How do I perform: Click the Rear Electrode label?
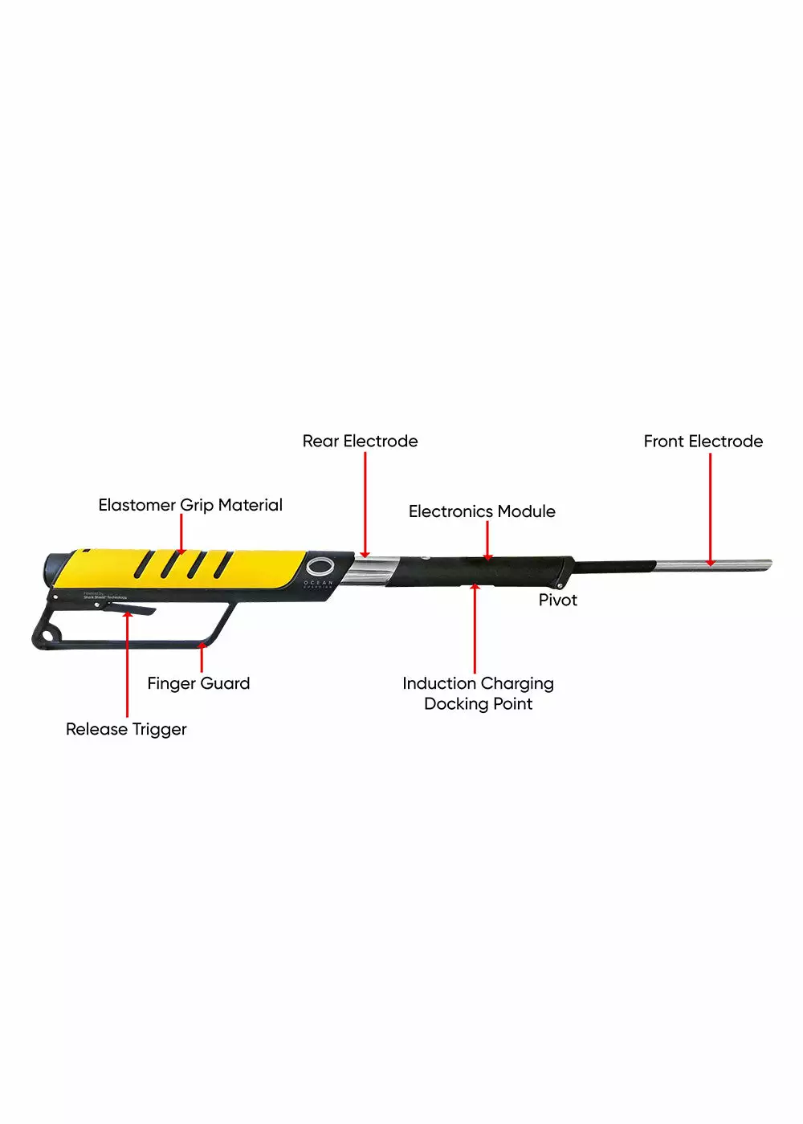(x=360, y=441)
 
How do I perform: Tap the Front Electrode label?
(x=703, y=441)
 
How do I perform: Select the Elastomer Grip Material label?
(x=190, y=505)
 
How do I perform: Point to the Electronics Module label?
(x=482, y=511)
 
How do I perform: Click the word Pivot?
(x=557, y=600)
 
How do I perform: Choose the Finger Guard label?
(x=198, y=683)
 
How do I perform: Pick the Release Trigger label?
(x=126, y=729)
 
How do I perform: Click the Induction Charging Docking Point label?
(x=478, y=693)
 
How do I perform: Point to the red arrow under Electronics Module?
(x=487, y=540)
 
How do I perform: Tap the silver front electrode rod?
(x=715, y=565)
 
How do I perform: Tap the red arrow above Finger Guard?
(x=201, y=658)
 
